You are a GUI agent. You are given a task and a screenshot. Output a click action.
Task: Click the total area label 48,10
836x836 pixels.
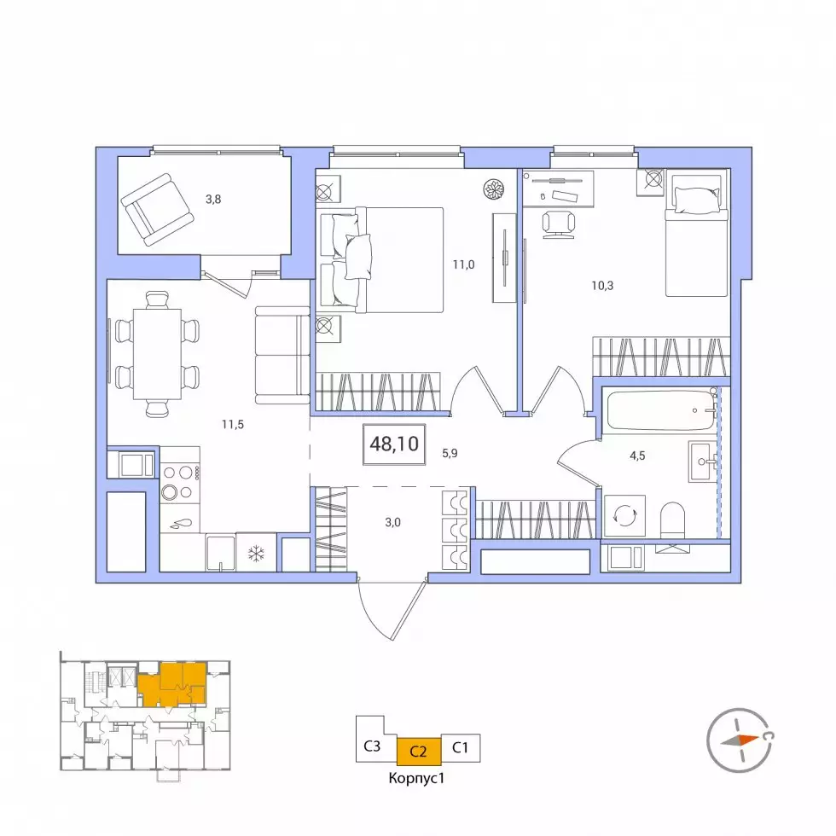click(x=394, y=444)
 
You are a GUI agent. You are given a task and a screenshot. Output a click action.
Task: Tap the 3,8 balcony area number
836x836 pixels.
click(x=213, y=200)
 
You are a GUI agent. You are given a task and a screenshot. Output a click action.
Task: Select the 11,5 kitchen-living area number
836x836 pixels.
click(x=233, y=425)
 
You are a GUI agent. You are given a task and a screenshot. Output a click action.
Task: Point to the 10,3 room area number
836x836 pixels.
click(x=602, y=286)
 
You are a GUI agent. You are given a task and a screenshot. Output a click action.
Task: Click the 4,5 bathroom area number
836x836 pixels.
click(x=638, y=456)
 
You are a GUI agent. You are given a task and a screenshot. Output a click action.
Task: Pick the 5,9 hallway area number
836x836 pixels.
click(x=450, y=453)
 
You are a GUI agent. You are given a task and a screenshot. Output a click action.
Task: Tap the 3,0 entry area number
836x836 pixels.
click(x=393, y=522)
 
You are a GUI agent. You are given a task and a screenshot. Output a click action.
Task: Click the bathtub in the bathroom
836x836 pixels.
click(x=662, y=410)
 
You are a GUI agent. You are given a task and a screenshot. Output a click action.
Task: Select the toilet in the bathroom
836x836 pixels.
click(x=672, y=520)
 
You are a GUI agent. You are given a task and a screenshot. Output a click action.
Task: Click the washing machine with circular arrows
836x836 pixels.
click(x=624, y=516)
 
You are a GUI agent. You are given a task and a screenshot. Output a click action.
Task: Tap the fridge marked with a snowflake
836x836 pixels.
click(x=257, y=553)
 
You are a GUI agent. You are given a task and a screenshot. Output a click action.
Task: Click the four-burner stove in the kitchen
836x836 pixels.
click(x=180, y=482)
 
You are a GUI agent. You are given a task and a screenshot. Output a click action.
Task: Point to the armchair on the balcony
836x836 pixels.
click(x=157, y=210)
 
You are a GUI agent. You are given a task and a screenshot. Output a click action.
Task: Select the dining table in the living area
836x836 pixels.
click(x=157, y=354)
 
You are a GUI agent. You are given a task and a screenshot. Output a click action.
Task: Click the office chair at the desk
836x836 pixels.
click(x=558, y=223)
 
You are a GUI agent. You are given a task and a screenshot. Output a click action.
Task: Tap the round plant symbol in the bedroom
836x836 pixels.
click(x=494, y=189)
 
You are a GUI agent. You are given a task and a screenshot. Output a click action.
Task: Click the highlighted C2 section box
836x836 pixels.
click(x=419, y=752)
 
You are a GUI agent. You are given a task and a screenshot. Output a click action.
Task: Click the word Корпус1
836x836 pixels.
click(x=416, y=778)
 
